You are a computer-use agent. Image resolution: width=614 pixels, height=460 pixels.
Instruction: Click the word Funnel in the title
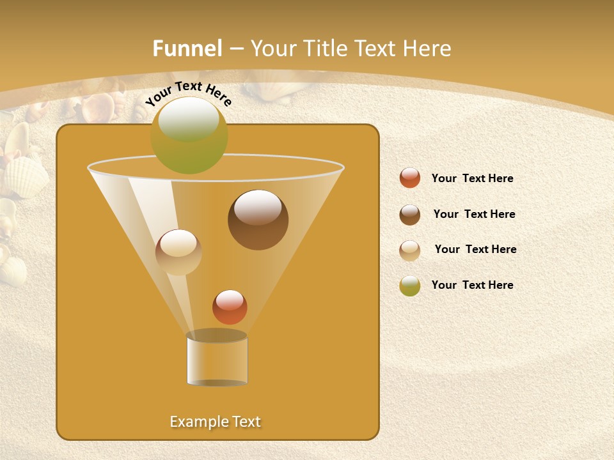pos(187,49)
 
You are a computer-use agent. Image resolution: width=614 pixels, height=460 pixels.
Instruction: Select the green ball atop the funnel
pos(189,135)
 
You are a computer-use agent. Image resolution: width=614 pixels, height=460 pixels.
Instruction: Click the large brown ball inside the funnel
pos(258,219)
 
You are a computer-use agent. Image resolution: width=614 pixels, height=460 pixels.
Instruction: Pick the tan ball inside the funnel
pos(178,252)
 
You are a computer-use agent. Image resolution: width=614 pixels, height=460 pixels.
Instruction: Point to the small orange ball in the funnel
pos(230,307)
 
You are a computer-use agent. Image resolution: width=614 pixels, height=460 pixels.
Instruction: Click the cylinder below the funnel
pos(217,358)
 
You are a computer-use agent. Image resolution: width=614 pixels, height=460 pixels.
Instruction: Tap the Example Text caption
pos(215,422)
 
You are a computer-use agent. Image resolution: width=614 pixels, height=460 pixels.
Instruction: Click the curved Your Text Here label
pos(188,93)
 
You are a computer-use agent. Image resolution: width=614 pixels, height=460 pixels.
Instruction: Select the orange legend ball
pos(410,178)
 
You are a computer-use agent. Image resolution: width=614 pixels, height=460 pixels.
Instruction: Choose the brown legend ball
pos(410,215)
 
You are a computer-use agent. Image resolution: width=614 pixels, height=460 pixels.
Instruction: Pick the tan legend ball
pos(410,250)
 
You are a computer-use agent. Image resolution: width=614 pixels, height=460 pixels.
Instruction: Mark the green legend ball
pos(410,286)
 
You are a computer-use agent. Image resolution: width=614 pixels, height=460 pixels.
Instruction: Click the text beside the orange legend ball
pos(472,179)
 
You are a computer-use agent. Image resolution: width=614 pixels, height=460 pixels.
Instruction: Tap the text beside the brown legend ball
pos(474,215)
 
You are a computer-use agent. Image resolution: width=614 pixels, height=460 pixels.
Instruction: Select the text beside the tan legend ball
pos(475,250)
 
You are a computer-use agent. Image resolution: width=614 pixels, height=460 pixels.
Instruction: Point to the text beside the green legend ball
pos(472,286)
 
